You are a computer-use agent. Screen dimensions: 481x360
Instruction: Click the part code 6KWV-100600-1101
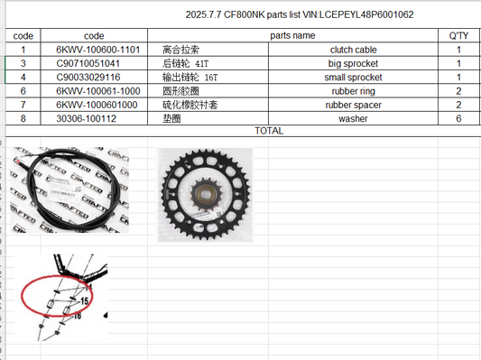point(98,50)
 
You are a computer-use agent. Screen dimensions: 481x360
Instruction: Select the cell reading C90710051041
point(88,63)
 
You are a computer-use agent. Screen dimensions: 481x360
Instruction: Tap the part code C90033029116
point(88,78)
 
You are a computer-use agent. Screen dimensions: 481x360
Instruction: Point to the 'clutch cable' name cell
point(354,50)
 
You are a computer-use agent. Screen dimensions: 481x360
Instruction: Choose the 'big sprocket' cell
point(353,63)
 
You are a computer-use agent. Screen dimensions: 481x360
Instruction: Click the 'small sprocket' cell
point(353,78)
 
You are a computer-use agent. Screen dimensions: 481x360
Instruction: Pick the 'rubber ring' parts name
point(354,91)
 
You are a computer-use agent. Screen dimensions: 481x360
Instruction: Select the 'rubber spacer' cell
point(354,105)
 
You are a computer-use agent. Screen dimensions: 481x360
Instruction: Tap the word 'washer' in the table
point(353,119)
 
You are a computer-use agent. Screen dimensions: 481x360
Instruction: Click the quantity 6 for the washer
point(458,118)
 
